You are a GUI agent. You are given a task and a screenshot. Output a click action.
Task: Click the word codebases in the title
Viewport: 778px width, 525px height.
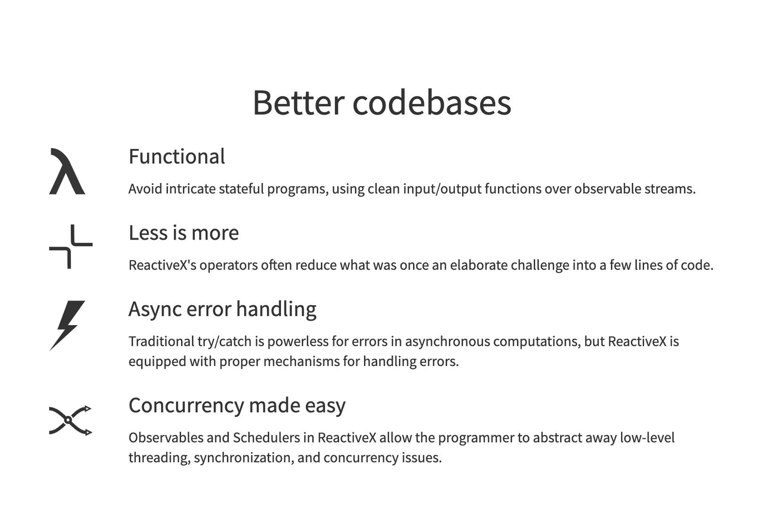(432, 102)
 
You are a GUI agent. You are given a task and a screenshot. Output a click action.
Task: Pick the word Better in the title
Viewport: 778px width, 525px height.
(298, 102)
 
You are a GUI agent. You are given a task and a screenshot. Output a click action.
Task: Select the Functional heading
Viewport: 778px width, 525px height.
(177, 156)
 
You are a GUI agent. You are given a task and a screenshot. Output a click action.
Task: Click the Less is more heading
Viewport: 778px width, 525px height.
(184, 233)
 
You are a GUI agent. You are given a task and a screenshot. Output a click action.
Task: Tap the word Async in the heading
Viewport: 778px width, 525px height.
(155, 309)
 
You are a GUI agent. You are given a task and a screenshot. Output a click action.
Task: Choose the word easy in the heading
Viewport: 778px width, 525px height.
(325, 406)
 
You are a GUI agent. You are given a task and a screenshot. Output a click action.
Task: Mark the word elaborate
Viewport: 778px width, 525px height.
(479, 265)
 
